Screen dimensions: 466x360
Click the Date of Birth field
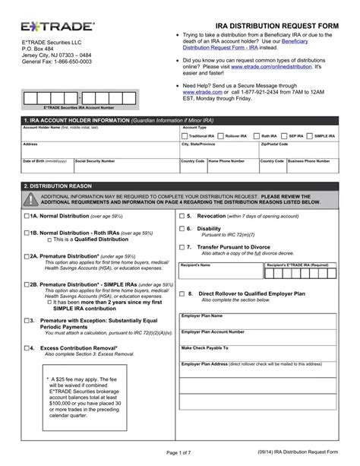pyautogui.click(x=45, y=166)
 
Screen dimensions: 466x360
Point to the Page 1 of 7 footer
pyautogui.click(x=180, y=453)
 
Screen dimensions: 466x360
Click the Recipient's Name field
pyautogui.click(x=219, y=274)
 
